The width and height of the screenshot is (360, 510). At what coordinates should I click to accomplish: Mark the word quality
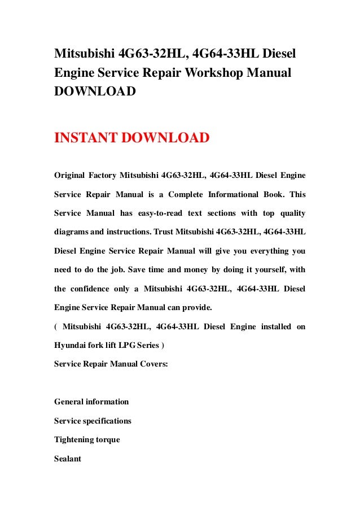[291, 213]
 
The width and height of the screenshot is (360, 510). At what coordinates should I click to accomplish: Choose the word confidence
[96, 289]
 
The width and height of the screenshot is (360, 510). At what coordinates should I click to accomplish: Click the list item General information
[91, 402]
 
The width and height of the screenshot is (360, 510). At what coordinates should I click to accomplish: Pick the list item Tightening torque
[87, 439]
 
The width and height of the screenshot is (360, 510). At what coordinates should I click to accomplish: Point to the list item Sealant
[68, 459]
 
